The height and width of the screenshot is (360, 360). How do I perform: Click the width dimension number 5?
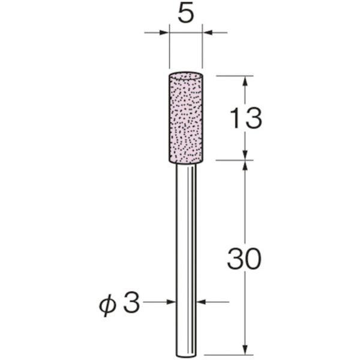click(186, 15)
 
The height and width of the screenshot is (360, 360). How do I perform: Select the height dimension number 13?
click(245, 118)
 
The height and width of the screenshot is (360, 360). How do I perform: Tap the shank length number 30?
click(244, 259)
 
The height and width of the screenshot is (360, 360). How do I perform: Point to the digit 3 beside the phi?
click(131, 302)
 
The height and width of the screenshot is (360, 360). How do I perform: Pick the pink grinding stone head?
click(185, 118)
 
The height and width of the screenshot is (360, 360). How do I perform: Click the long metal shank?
click(186, 260)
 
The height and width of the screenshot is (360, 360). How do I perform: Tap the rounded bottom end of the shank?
click(186, 356)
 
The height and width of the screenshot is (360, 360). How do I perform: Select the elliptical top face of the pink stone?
click(185, 76)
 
